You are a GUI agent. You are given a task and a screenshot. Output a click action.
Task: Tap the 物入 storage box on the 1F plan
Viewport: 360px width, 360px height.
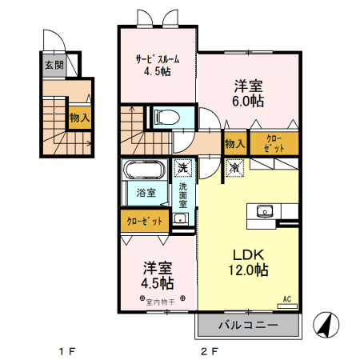pos(79,118)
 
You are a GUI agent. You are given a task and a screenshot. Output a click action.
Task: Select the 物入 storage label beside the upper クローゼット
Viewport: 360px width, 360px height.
pos(234,144)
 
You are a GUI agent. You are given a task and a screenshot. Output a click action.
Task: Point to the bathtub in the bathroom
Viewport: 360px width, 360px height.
pos(144,170)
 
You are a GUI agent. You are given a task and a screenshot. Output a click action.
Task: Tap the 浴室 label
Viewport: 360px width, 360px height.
pos(146,193)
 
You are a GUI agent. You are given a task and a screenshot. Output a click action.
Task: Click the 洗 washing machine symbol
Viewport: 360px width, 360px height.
pos(183,168)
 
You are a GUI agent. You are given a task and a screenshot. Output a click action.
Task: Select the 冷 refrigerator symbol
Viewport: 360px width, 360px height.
pos(234,168)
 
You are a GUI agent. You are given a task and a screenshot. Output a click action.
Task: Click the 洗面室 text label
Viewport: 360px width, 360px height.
pos(182,196)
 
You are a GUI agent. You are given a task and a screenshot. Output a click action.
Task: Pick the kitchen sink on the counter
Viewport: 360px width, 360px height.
pos(264,211)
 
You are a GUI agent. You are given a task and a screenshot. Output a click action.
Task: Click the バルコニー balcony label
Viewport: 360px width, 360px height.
pos(247,326)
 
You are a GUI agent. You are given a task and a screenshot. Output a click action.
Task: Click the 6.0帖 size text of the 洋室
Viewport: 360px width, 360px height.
pos(250,102)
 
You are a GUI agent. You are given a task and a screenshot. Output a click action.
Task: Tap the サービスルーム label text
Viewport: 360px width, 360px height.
pos(158,58)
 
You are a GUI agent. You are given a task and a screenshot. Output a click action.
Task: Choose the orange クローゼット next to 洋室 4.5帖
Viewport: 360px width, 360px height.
pos(145,221)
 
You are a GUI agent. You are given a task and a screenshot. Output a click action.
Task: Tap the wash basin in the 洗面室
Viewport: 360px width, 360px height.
pos(180,218)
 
